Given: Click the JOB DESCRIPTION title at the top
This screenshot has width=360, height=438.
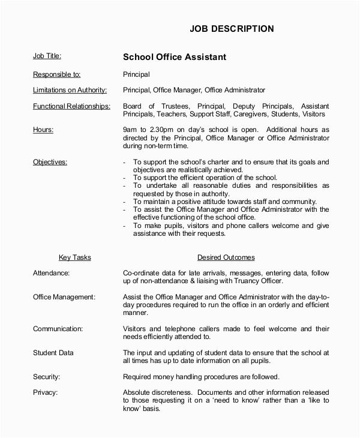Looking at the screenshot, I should tap(232, 28).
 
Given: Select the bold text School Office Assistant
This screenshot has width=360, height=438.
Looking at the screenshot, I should tap(174, 58).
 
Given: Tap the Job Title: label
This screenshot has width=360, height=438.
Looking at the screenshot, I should tap(47, 56).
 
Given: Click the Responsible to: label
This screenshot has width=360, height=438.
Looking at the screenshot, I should tap(56, 74).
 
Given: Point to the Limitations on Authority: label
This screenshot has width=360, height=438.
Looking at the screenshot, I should tap(70, 90).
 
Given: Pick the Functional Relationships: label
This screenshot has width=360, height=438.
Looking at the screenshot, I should tap(71, 106).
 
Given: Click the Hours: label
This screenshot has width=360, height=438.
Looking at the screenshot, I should tap(43, 129).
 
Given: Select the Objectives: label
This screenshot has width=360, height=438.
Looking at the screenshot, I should tap(50, 162).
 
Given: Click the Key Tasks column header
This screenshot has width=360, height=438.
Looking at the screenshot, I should tap(74, 257).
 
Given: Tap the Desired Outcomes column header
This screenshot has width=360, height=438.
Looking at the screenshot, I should tap(226, 257).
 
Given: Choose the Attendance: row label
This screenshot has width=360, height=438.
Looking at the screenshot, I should tap(51, 273).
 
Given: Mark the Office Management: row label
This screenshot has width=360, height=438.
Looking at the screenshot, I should tap(64, 296).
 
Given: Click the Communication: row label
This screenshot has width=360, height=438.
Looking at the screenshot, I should tap(58, 329).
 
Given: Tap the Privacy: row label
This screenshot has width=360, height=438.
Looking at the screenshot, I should tap(45, 392).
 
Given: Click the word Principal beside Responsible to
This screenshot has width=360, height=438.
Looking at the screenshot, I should tap(136, 74).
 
